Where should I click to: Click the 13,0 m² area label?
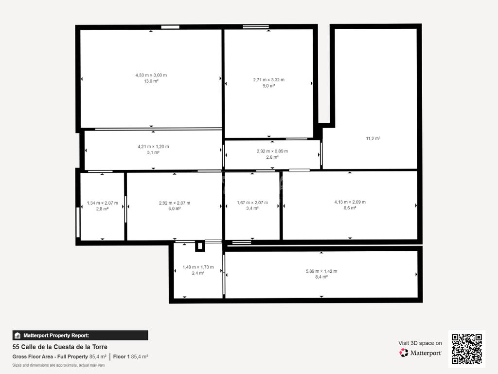151,81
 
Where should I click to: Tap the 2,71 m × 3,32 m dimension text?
268,80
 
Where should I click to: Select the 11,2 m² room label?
373,138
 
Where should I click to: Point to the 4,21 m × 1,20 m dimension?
153,147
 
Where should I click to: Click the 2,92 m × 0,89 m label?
272,151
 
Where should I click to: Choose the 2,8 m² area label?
102,209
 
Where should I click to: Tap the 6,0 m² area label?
175,208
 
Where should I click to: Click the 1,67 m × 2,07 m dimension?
252,203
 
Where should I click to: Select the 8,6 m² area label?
350,208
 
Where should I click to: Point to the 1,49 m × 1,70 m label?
198,267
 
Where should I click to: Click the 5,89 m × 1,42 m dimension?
321,271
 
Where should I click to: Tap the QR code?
467,349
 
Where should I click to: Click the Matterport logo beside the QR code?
421,353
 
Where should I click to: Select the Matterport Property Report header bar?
80,335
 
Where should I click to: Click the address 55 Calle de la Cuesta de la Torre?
60,347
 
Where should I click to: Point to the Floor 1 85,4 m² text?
130,356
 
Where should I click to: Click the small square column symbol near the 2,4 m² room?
200,246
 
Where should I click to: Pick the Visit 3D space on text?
420,343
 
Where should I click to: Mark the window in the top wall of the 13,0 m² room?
170,27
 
